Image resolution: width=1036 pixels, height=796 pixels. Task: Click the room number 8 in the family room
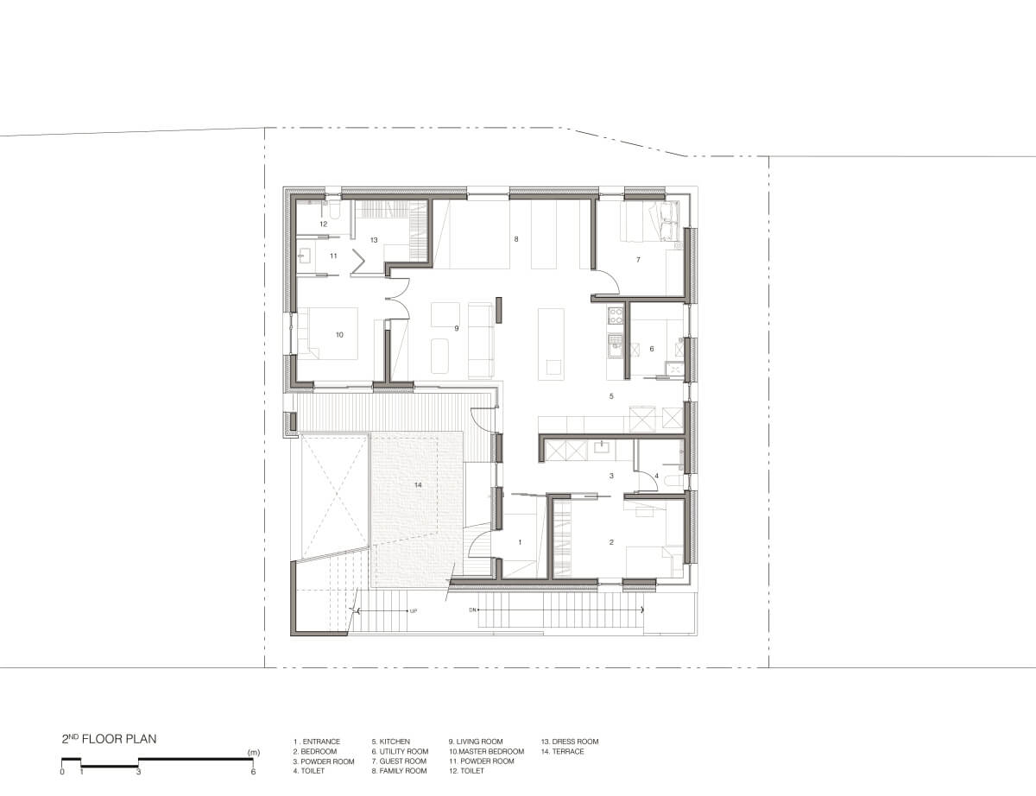pos(516,239)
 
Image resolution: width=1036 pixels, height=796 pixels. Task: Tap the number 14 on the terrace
pos(418,484)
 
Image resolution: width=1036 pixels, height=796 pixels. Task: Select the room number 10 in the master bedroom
pos(339,335)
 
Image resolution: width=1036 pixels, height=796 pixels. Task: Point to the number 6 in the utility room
pos(652,349)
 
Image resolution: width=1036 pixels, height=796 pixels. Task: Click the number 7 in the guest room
pos(638,260)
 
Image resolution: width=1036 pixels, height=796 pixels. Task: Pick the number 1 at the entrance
pos(520,542)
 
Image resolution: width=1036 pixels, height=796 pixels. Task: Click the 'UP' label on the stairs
pos(414,611)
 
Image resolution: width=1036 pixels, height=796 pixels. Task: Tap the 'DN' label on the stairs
pos(472,610)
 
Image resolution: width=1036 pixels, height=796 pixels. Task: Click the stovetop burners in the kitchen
pos(615,315)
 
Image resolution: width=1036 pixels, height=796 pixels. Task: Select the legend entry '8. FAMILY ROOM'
pos(399,771)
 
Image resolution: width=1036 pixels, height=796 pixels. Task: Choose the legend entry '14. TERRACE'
pos(562,752)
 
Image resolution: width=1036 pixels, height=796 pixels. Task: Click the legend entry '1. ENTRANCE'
pos(317,742)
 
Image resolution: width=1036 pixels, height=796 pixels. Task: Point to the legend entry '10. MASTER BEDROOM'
pos(486,752)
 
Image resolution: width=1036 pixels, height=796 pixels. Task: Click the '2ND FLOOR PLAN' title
pos(109,739)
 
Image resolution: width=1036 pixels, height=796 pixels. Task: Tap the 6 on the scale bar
pos(253,772)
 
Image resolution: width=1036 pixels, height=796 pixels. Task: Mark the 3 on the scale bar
pos(138,772)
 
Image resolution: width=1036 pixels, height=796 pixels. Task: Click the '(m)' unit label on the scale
pos(254,753)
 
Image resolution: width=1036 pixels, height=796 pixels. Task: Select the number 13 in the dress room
pos(374,240)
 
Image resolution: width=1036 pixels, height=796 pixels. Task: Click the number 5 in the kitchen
pos(611,396)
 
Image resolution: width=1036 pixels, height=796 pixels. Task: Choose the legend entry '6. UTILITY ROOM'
pos(400,752)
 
